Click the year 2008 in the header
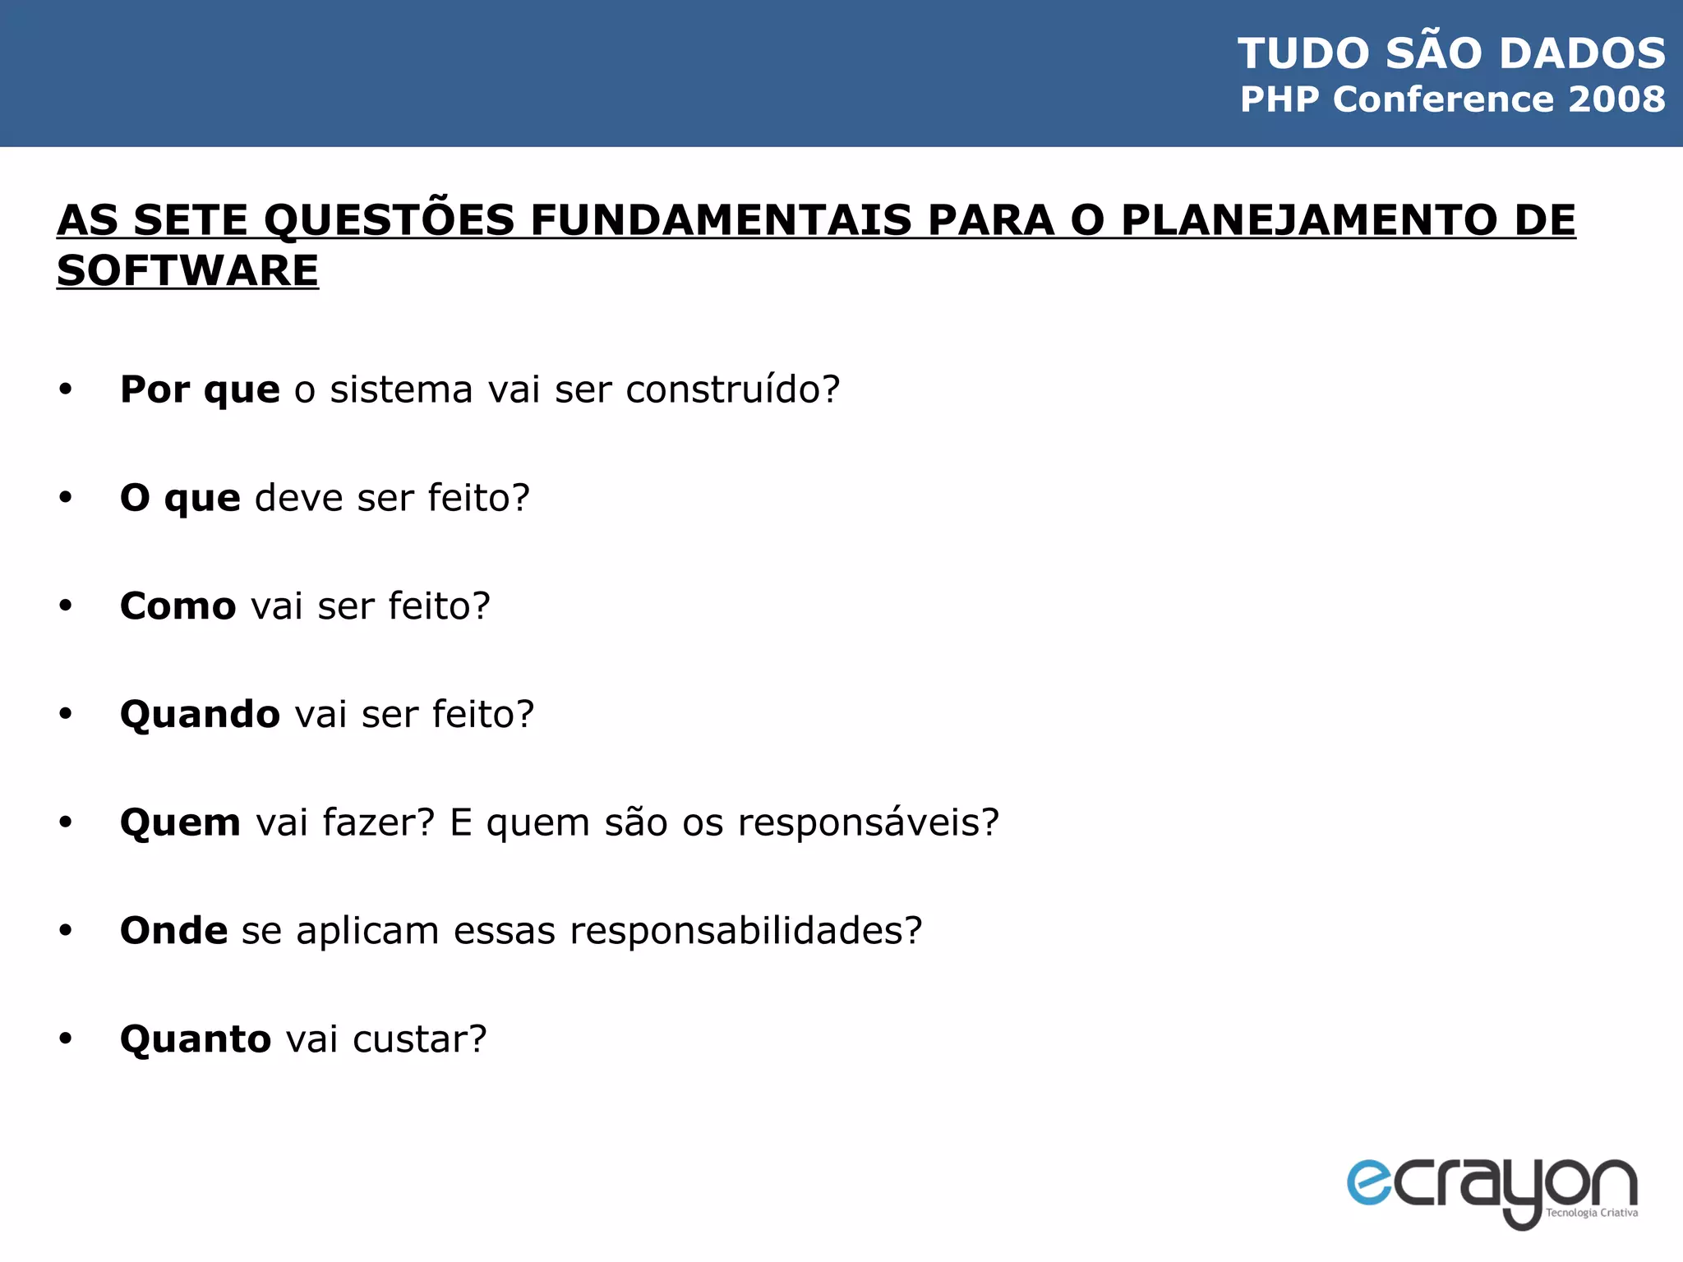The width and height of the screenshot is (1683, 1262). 1616,99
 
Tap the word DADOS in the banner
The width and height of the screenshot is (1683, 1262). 1582,53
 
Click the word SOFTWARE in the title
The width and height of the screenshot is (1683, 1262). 187,270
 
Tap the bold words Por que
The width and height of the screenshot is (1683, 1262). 200,389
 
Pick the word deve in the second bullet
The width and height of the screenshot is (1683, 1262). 298,498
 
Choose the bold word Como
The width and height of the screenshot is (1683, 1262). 178,606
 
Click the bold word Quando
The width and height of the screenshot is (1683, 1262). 200,715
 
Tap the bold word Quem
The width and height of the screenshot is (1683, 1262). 180,822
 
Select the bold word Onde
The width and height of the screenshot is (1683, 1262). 173,931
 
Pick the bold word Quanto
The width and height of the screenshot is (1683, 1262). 196,1039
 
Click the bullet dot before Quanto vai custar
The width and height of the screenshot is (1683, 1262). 66,1039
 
